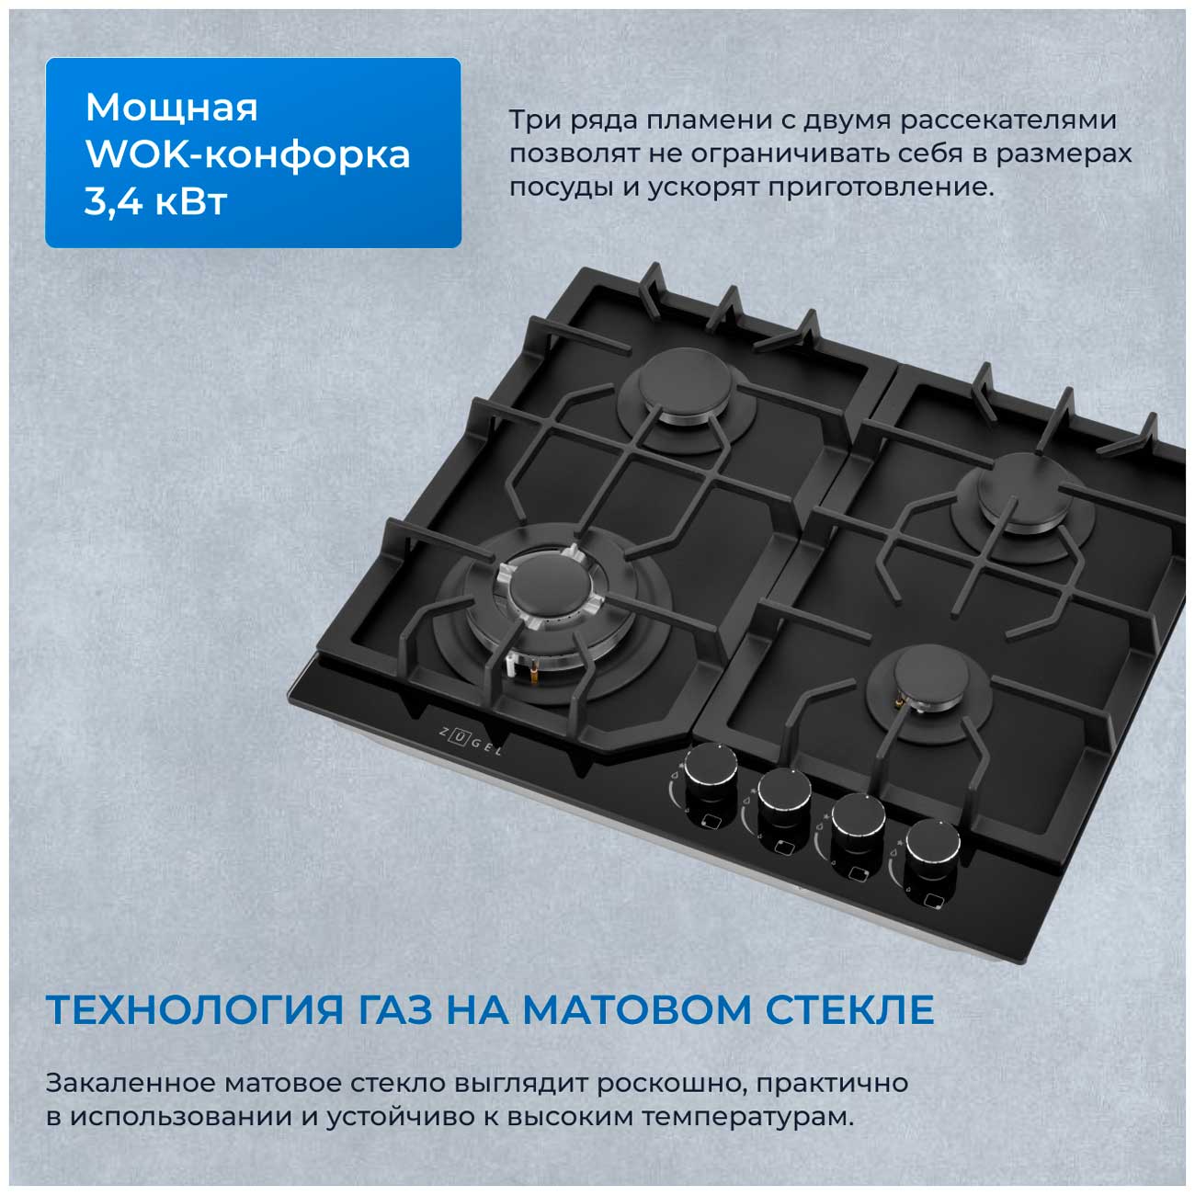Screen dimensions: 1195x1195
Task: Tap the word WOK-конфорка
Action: click(x=248, y=154)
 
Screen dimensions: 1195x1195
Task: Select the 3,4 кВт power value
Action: click(x=155, y=201)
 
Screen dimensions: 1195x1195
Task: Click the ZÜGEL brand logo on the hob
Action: click(x=470, y=743)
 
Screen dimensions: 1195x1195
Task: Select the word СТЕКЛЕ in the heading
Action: click(x=849, y=1010)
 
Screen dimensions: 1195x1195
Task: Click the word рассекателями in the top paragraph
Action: click(x=1008, y=121)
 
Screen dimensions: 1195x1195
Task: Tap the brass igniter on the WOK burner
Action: click(x=530, y=671)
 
